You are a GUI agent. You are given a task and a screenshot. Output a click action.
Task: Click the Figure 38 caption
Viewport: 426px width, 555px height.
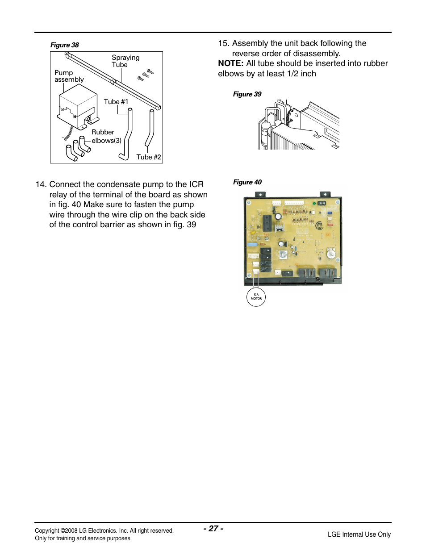(x=64, y=45)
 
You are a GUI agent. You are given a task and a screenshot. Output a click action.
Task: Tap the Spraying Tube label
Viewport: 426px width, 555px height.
(x=125, y=61)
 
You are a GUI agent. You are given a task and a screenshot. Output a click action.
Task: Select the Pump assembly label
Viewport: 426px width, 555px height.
(x=69, y=76)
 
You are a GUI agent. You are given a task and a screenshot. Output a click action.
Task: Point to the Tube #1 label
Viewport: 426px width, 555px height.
(x=116, y=102)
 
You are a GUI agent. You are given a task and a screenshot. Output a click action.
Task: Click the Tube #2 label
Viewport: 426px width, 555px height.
(x=148, y=157)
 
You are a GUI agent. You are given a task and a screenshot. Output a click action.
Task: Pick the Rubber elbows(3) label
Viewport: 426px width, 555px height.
(x=106, y=136)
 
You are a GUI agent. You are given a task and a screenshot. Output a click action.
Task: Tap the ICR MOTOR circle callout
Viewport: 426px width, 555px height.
(x=256, y=297)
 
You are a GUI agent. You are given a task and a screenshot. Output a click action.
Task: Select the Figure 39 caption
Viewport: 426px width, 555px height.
(x=247, y=94)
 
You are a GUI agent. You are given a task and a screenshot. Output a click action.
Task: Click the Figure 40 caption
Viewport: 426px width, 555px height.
(x=247, y=182)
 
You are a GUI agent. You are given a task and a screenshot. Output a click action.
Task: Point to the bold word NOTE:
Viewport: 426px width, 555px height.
(x=230, y=63)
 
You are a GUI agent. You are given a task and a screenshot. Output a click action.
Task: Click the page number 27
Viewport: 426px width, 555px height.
(x=213, y=529)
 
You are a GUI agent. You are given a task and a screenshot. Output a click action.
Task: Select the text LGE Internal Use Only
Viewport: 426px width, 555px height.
(x=359, y=534)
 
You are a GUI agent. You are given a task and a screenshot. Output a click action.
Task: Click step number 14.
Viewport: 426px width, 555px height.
(x=41, y=184)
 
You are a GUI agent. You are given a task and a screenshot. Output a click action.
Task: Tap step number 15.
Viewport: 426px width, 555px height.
(x=223, y=43)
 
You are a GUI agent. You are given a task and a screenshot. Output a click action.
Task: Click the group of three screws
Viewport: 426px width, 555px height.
(x=146, y=75)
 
